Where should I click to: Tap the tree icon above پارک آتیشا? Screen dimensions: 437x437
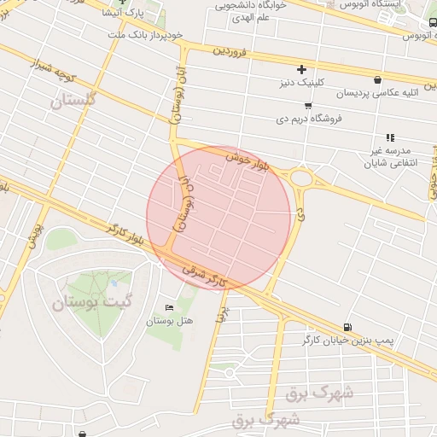click(x=120, y=3)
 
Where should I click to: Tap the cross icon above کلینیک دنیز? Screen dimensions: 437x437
click(x=301, y=69)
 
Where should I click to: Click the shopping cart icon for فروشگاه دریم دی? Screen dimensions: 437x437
click(x=307, y=105)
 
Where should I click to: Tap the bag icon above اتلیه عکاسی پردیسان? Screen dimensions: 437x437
click(x=377, y=79)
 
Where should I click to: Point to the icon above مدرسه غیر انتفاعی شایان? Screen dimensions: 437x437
click(x=389, y=137)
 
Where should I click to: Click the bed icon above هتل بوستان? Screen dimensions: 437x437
click(x=168, y=307)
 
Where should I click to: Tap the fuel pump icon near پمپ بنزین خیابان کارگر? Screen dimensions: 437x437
click(x=347, y=327)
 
